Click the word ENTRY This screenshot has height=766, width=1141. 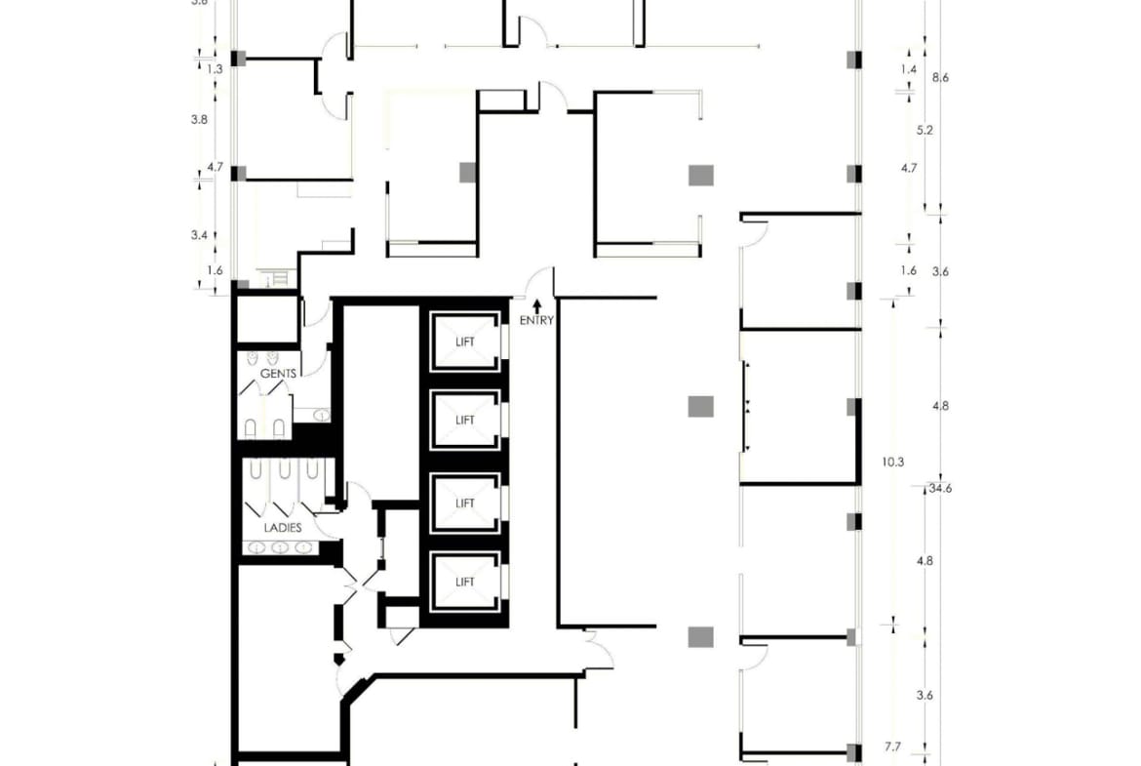[536, 320]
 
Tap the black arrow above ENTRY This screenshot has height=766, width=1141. [536, 306]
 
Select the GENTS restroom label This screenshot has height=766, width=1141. [278, 374]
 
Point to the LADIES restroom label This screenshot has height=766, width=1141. [283, 527]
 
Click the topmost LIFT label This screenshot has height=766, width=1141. [465, 343]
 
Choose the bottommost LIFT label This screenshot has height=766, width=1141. [465, 582]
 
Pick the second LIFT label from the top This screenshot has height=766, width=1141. [465, 421]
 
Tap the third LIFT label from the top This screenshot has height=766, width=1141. [465, 504]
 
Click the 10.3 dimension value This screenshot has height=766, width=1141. [891, 463]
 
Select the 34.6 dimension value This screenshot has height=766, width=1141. [940, 488]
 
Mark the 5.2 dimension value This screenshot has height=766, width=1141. [925, 129]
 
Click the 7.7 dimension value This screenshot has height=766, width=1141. [892, 747]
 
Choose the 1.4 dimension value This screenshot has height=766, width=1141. [909, 69]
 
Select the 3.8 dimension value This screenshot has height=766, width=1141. [199, 119]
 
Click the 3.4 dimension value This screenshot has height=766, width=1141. [199, 234]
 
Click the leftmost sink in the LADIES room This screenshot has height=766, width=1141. [257, 547]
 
